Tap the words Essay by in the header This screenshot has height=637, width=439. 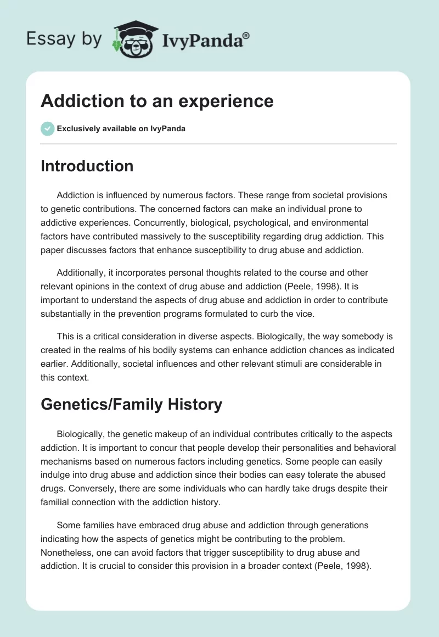click(x=64, y=40)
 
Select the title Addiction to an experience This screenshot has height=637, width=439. click(x=157, y=101)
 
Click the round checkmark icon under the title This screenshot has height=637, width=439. click(x=47, y=128)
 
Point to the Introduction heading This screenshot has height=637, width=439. click(x=87, y=166)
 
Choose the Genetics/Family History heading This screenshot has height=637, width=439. click(x=131, y=405)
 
